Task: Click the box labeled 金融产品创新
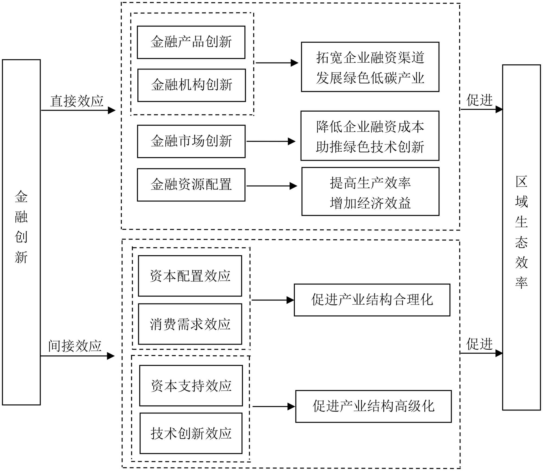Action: point(191,42)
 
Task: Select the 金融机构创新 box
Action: point(192,85)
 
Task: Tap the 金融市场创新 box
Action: point(191,141)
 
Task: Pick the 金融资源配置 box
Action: point(191,185)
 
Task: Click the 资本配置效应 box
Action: point(190,276)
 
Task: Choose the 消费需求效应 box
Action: point(190,324)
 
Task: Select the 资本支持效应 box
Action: point(191,386)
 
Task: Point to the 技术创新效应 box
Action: point(191,433)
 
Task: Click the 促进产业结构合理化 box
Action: point(372,300)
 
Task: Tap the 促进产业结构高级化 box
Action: point(374,406)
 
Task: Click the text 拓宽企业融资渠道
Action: point(370,58)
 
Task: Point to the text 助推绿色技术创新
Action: point(370,147)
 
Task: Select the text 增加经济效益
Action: point(370,203)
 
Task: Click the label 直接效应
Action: point(77,101)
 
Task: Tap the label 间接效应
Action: point(75,346)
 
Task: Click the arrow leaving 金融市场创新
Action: point(271,141)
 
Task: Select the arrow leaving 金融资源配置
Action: point(272,186)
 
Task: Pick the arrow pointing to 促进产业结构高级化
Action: point(274,406)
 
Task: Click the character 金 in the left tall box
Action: point(21,197)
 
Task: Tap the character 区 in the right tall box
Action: point(521,182)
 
